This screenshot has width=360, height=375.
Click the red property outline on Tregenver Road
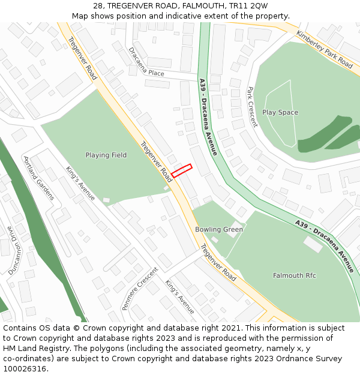(x=181, y=171)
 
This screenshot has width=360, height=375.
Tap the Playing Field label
(x=106, y=155)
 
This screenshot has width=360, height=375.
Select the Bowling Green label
(x=219, y=229)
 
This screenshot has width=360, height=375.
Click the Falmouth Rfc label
(x=294, y=275)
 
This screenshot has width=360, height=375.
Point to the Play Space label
(x=280, y=112)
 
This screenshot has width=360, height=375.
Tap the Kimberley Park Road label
(x=324, y=49)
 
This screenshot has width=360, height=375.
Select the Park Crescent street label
(x=252, y=107)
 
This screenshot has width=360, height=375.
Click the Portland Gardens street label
(x=38, y=178)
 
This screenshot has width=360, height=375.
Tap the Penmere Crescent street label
(x=139, y=288)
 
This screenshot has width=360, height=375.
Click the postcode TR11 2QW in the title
(x=250, y=6)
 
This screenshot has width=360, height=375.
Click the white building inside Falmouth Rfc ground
(x=313, y=244)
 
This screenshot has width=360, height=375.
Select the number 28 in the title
(x=98, y=6)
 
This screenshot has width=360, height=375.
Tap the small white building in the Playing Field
(x=106, y=200)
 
